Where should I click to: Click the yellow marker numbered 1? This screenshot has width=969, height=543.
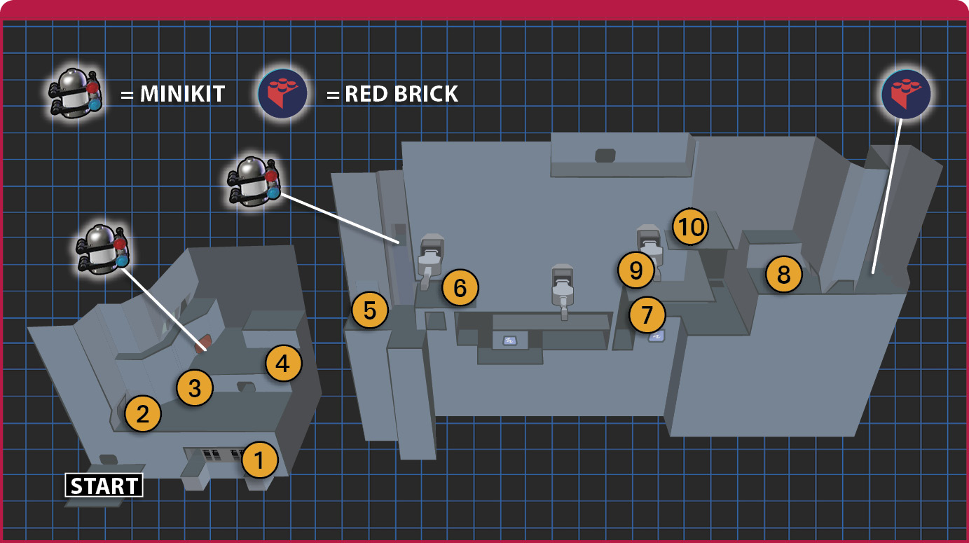click(259, 460)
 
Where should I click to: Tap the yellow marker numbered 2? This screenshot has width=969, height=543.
click(143, 413)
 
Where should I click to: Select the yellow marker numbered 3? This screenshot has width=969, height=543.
click(195, 387)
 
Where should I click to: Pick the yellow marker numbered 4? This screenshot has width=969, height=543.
click(283, 363)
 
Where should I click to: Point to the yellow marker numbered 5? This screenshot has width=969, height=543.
click(370, 310)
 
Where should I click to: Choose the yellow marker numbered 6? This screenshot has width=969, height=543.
click(460, 287)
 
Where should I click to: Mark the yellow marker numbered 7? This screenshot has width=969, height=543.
click(647, 314)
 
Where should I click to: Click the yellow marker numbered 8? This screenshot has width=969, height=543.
click(784, 274)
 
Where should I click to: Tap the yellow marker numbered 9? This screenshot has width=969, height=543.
click(636, 270)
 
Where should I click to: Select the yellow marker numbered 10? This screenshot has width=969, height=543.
click(690, 226)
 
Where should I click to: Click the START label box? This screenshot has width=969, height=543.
click(104, 486)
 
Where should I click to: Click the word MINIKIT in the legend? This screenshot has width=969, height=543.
click(182, 93)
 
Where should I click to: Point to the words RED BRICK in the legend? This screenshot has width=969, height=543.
click(401, 93)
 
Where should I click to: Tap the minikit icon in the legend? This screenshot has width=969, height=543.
click(76, 92)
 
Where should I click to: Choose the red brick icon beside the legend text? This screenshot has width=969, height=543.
click(282, 93)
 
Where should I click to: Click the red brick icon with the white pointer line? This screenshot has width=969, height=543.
click(906, 95)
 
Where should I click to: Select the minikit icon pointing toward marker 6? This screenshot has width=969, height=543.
click(254, 181)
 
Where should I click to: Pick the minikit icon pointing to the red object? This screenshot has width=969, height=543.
click(103, 249)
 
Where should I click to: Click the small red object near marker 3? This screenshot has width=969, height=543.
click(202, 343)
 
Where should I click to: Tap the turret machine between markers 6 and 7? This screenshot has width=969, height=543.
click(563, 291)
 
